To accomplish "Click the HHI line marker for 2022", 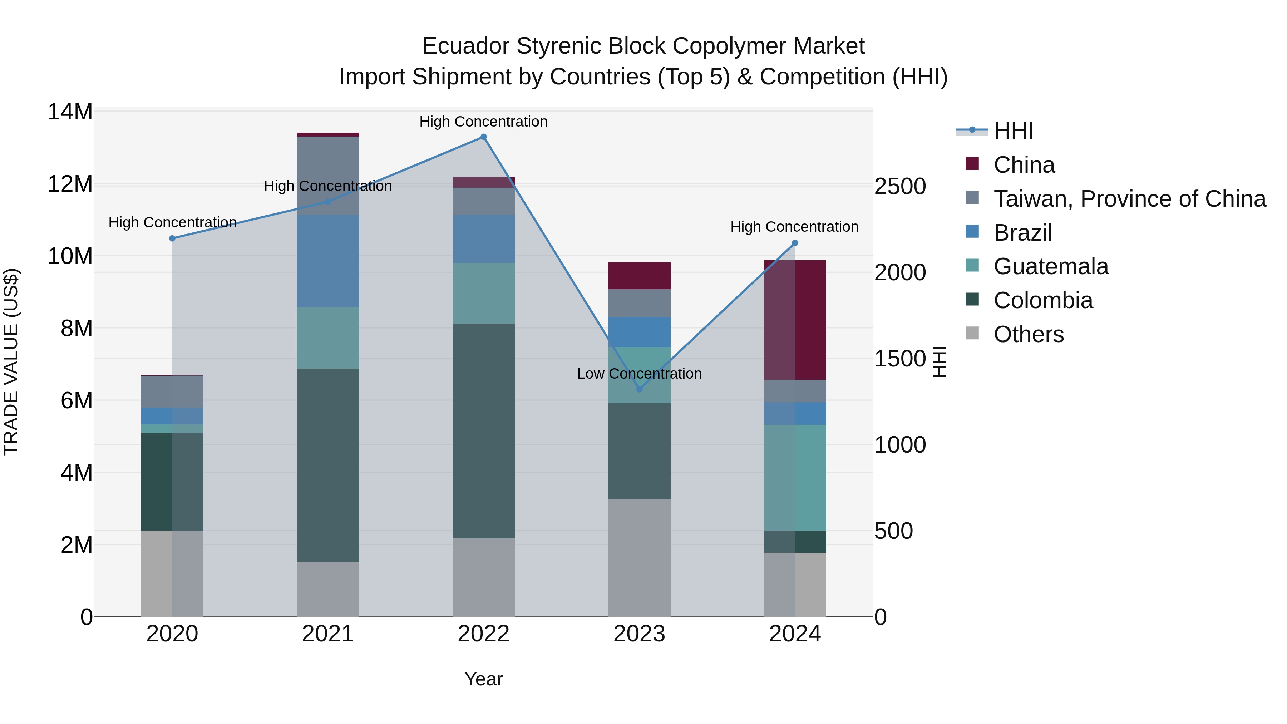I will (x=483, y=137).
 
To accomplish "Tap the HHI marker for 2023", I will (x=639, y=389).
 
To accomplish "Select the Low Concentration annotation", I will (x=639, y=374).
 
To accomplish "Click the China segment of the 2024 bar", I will (x=795, y=320).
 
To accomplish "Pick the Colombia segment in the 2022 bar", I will (x=483, y=431).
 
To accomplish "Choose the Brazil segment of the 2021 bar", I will (x=328, y=261).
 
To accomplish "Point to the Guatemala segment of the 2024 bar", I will (x=795, y=477).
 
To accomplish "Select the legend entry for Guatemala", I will (x=1051, y=266).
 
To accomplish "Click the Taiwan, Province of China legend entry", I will (x=1129, y=199).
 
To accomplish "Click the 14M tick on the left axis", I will (x=70, y=112).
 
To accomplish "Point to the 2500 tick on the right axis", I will (x=900, y=186).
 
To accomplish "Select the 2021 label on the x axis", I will (x=328, y=634).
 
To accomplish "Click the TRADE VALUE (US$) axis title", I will (x=11, y=362).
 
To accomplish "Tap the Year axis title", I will (x=483, y=679).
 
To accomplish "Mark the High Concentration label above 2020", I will (x=172, y=222).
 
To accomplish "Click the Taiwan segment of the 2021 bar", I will (x=328, y=176).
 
